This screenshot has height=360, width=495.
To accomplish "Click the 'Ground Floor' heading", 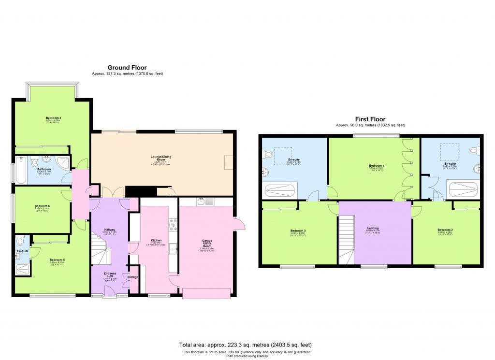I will coord(127,68).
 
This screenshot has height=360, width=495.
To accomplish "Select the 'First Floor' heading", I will coord(370,119).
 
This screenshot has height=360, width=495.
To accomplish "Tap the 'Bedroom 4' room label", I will coord(53,118).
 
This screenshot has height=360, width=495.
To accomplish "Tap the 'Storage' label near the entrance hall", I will coord(133,277).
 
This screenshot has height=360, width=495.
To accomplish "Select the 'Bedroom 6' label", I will coord(42,206).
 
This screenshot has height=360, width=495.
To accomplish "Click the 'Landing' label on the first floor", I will coord(373,228).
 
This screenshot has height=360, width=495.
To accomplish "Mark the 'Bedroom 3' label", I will coord(298,230).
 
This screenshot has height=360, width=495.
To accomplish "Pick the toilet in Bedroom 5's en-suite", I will coord(19,241).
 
